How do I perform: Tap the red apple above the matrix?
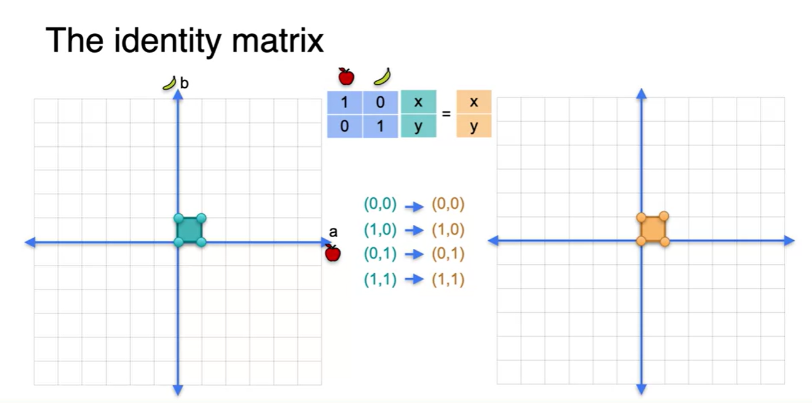(346, 77)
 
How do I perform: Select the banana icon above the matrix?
(383, 76)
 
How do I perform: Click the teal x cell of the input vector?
(418, 102)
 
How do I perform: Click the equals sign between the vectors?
(447, 114)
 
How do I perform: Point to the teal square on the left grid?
(190, 230)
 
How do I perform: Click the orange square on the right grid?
(652, 229)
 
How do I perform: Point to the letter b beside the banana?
(184, 82)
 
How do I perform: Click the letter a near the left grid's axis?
(334, 232)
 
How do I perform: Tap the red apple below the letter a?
(332, 253)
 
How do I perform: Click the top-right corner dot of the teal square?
(201, 218)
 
